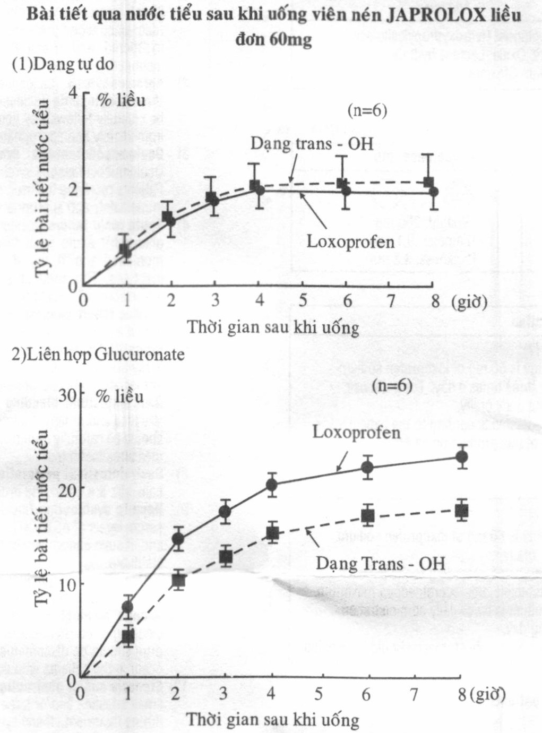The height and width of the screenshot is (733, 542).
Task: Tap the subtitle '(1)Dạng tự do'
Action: pyautogui.click(x=63, y=64)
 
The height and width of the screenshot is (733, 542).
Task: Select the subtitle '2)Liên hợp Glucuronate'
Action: pyautogui.click(x=98, y=354)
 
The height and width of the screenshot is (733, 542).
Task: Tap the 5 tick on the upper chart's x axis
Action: pyautogui.click(x=303, y=301)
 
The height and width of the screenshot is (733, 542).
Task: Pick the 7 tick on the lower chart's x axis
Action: pyautogui.click(x=414, y=694)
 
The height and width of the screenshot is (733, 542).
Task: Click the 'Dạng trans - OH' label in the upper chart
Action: pyautogui.click(x=312, y=143)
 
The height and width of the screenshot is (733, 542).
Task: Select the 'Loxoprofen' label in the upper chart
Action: pyautogui.click(x=350, y=242)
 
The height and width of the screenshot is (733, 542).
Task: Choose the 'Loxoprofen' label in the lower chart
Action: pyautogui.click(x=356, y=432)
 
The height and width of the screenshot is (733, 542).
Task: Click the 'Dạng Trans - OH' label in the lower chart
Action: pyautogui.click(x=380, y=563)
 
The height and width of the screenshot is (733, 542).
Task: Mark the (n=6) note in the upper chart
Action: pyautogui.click(x=367, y=110)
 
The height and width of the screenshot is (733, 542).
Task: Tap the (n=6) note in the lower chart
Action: pyautogui.click(x=392, y=386)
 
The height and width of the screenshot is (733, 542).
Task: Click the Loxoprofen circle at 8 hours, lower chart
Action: pyautogui.click(x=462, y=456)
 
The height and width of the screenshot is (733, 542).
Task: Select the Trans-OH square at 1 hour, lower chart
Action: pyautogui.click(x=128, y=636)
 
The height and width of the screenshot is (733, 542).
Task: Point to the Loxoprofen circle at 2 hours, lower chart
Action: pyautogui.click(x=178, y=539)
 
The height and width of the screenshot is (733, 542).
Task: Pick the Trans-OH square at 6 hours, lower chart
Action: pyautogui.click(x=367, y=515)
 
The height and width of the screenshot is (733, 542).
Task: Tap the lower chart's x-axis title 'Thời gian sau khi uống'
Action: pyautogui.click(x=273, y=720)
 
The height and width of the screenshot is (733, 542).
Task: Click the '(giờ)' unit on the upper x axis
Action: pyautogui.click(x=469, y=301)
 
